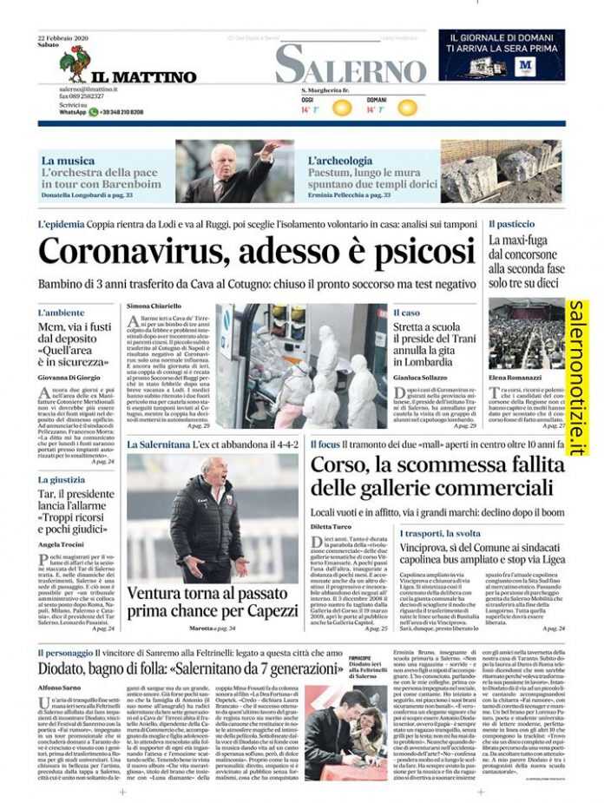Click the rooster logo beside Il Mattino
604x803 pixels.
(74, 64)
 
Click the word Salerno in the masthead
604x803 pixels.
(351, 64)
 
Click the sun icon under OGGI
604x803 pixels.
(342, 109)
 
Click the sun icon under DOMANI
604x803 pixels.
(406, 109)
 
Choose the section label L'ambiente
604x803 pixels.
(61, 312)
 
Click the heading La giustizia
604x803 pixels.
(61, 479)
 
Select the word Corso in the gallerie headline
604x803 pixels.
(340, 464)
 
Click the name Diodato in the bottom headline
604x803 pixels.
(71, 669)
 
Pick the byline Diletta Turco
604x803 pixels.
(332, 526)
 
